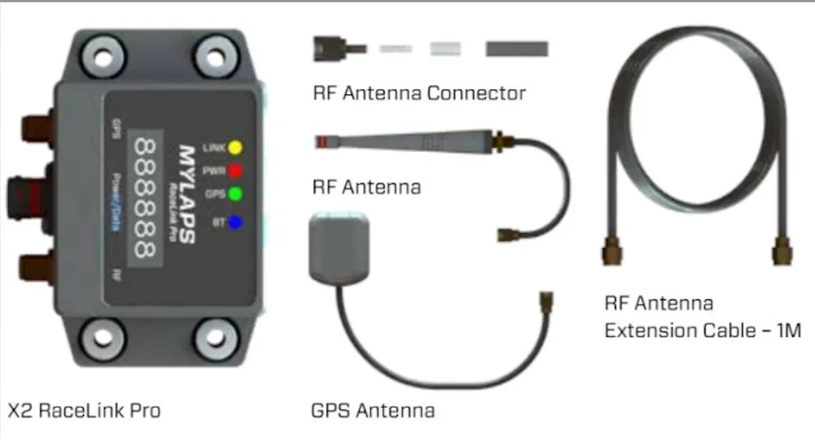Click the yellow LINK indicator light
[235, 147]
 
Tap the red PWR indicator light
[235, 170]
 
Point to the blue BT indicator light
[235, 221]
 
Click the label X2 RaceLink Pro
[84, 411]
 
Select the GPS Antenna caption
[372, 411]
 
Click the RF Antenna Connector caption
[419, 93]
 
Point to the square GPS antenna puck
[340, 245]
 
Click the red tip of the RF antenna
[322, 141]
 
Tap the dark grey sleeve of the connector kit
[517, 49]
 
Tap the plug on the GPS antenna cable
[545, 303]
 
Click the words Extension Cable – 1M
[702, 331]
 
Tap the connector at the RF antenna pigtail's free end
[504, 233]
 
